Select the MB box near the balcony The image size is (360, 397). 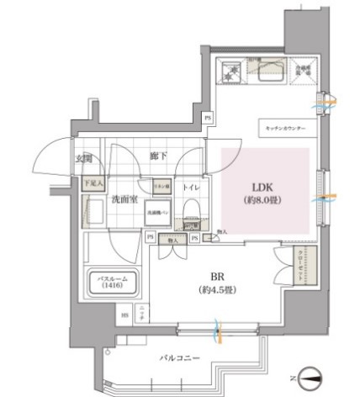click(124, 315)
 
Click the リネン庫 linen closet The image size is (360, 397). click(161, 186)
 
